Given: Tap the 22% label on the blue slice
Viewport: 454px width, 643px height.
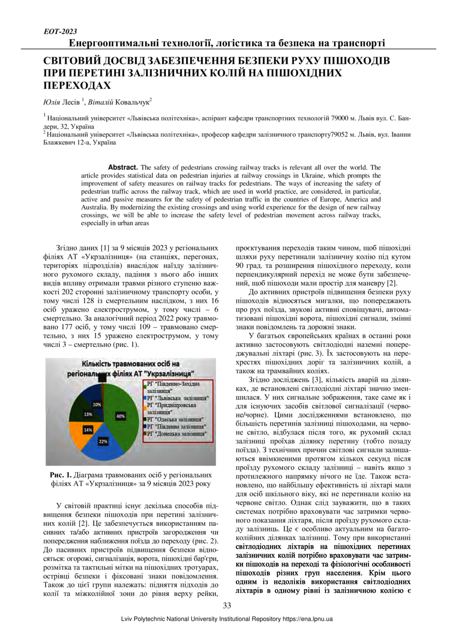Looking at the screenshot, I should tap(103, 441).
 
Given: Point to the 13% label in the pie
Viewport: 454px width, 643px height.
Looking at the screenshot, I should tap(89, 414).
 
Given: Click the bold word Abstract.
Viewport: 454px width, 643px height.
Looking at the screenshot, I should tap(122, 167).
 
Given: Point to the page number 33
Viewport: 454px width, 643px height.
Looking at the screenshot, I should tap(227, 606).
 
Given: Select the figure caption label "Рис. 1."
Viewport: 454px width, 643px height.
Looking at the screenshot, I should tap(61, 474).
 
